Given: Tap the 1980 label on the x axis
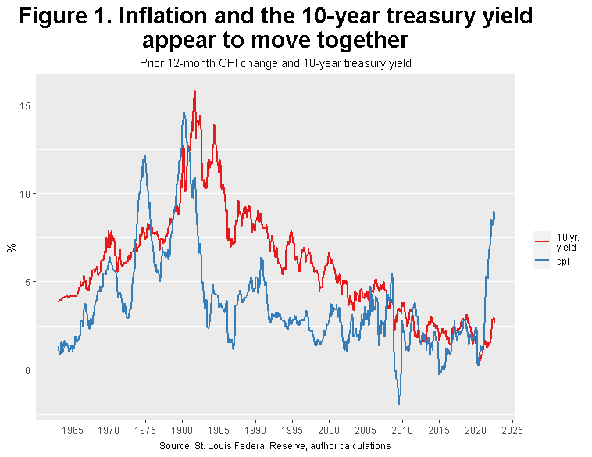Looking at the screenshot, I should coord(182,430).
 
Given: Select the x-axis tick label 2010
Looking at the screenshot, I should coord(402,430).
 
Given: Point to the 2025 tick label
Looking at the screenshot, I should coord(512,430).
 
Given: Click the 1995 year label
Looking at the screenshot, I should coord(292,430).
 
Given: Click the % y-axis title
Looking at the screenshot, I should coord(11,248).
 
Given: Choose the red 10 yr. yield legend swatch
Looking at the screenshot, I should coord(542,241).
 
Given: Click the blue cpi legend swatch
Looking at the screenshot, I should coord(542,261).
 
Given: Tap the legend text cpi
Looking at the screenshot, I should coord(562,261).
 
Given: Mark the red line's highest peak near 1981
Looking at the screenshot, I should coord(194,91).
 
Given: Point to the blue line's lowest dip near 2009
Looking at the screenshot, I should coord(399,404).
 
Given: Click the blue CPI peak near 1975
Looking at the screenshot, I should coord(144,155).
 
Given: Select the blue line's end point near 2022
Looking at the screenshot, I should coord(494,212).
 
